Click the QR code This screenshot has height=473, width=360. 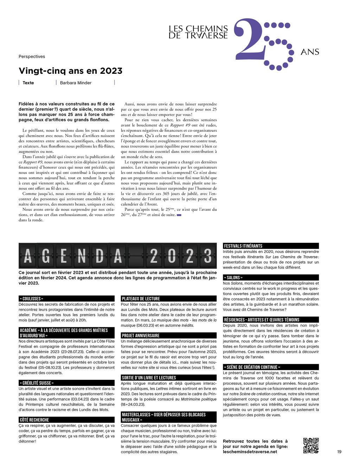tap(311, 445)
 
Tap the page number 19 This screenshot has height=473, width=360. tap(339, 452)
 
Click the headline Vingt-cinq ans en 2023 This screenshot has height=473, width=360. tap(70, 71)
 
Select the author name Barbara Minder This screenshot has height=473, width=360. tap(76, 83)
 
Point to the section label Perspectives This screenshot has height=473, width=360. tap(32, 57)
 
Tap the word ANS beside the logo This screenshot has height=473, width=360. tap(310, 52)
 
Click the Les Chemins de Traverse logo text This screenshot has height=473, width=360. tap(198, 32)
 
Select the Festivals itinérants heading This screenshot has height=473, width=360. tap(243, 246)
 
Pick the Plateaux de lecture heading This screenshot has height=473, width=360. tap(141, 299)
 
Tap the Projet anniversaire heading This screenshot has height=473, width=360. tap(141, 336)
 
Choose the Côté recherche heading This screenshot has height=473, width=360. tap(34, 420)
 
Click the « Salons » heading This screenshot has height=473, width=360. tap(233, 278)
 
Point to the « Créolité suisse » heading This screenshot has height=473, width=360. tap(37, 383)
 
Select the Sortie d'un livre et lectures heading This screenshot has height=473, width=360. tap(149, 378)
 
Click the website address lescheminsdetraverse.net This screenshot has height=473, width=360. tap(250, 452)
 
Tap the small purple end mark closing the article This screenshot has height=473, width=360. tap(179, 215)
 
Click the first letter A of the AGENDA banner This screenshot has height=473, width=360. tap(28, 256)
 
